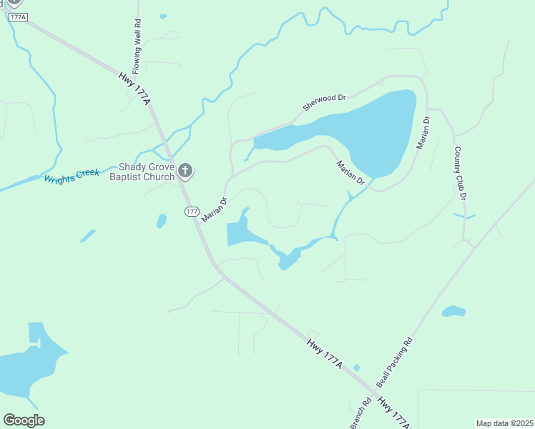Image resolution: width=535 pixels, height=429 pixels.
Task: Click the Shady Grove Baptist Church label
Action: click(142, 172)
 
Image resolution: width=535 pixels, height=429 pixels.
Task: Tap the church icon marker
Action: click(185, 170)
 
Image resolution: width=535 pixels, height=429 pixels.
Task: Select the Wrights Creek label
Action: click(72, 176)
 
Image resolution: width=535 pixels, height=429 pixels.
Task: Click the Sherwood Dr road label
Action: click(324, 102)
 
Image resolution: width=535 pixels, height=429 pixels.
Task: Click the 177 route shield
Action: click(191, 211)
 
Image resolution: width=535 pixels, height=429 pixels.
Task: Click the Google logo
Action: click(24, 420)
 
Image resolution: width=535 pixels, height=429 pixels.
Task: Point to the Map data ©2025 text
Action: click(504, 423)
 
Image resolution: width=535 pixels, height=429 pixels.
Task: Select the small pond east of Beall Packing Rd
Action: click(453, 311)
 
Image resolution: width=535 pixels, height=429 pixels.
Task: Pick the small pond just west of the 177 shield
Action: click(162, 221)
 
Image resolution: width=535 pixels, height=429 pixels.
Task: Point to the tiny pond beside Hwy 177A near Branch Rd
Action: click(356, 368)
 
